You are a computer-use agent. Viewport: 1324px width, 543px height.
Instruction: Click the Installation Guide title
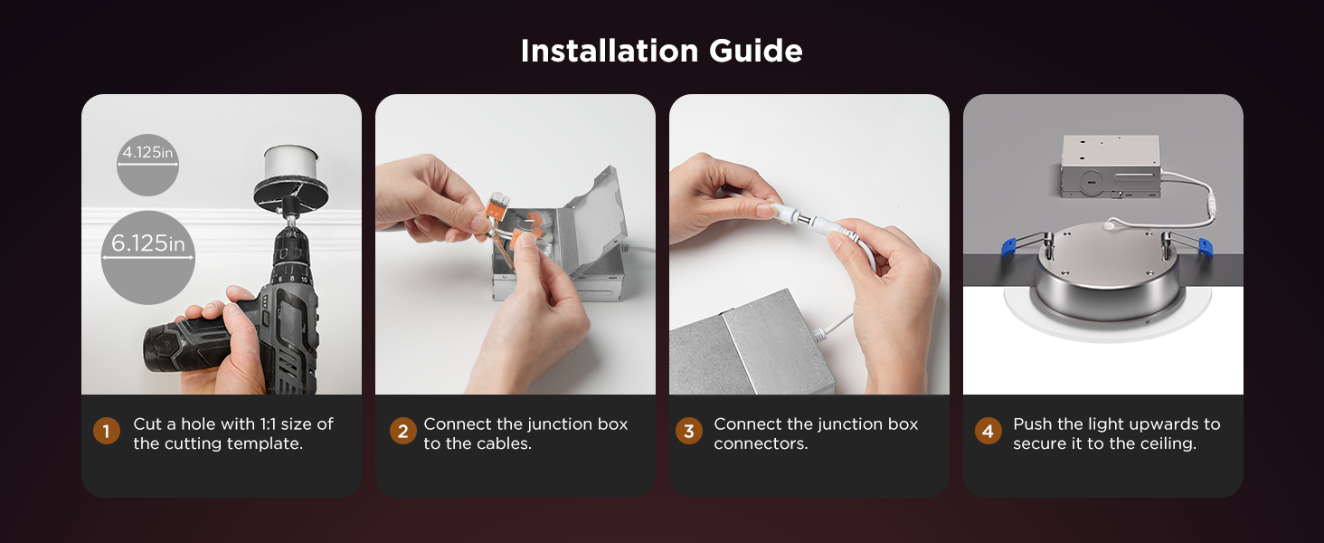point(661,51)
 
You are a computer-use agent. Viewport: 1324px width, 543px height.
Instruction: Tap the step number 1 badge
point(106,432)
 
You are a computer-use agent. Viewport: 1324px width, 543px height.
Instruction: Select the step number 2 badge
point(403,432)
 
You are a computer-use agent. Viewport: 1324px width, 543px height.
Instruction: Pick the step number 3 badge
point(688,432)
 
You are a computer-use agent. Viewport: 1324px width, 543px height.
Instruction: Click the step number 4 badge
point(988,432)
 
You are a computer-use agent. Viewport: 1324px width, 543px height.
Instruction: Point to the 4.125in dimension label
point(147,153)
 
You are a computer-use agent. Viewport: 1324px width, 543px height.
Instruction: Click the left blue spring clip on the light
point(1019,243)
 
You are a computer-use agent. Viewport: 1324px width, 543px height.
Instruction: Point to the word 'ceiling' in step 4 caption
point(1166,443)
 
